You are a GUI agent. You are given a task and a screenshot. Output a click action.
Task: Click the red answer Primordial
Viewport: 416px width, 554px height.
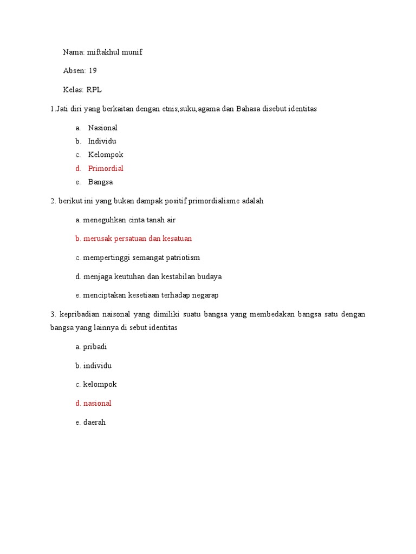point(106,168)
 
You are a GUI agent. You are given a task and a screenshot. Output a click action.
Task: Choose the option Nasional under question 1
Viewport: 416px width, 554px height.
point(102,128)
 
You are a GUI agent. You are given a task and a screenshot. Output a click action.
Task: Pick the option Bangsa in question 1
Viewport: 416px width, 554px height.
point(100,182)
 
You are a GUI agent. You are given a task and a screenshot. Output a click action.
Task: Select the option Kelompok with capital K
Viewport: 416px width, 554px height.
point(106,155)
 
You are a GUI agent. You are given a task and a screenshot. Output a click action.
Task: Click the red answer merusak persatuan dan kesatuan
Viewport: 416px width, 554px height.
point(138,239)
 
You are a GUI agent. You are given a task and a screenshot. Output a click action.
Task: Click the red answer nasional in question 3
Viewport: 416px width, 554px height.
point(97,403)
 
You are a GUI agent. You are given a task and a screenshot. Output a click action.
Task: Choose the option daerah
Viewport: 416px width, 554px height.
point(95,422)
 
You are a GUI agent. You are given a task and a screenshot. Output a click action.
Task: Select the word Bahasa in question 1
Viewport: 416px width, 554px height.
point(248,109)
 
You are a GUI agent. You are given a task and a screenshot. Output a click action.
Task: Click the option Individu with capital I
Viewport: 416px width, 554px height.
point(102,141)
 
